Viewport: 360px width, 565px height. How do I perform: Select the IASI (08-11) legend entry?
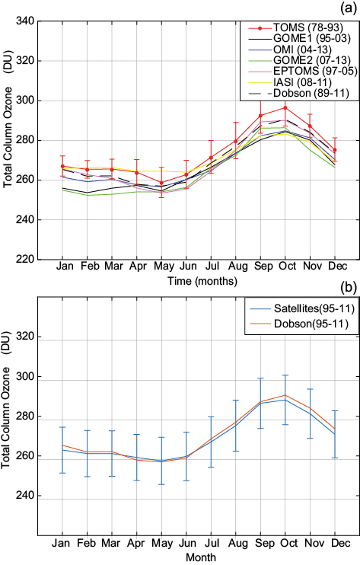[x=298, y=89]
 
